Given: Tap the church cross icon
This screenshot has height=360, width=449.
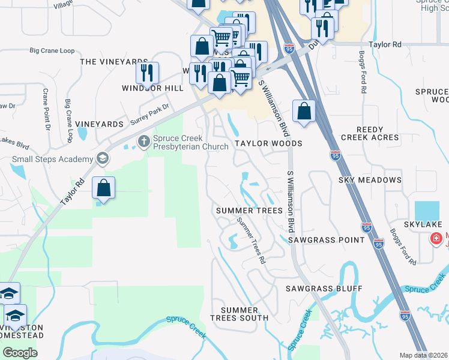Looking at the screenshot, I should tap(144, 142).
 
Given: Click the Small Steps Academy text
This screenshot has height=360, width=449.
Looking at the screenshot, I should tap(53, 160).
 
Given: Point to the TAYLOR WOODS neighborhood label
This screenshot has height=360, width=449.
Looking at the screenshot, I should tap(268, 144).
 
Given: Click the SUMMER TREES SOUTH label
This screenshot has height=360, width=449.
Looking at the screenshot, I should tap(240, 313).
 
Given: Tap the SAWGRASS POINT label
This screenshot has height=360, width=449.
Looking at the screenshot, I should tap(326, 240).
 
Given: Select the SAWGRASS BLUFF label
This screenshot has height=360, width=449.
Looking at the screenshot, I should tap(324, 289).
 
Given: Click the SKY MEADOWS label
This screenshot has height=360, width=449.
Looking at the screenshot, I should tap(370, 180).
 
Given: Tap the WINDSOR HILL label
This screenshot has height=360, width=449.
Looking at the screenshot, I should tap(152, 88).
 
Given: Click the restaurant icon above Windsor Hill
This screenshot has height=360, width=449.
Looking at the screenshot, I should tap(147, 73).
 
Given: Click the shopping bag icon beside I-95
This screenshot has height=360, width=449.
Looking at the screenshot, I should tap(304, 111).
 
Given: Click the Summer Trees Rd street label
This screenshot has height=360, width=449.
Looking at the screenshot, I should tap(251, 241).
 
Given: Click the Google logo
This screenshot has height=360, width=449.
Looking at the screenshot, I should tap(20, 353).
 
